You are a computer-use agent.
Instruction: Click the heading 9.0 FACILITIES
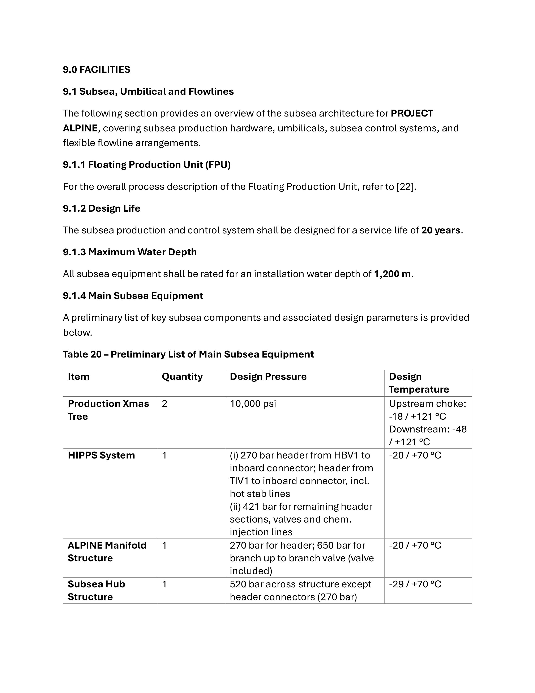[97, 69]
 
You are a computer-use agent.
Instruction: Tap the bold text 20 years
[441, 230]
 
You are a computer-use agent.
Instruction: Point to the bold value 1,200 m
[392, 274]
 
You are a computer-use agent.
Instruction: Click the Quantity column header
[182, 377]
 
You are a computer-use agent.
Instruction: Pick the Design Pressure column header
[268, 377]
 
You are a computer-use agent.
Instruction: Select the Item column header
[79, 377]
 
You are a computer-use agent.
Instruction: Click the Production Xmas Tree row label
[108, 410]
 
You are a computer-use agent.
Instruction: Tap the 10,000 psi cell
[253, 404]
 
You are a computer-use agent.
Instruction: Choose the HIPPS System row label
[101, 455]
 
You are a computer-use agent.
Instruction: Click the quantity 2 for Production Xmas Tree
[164, 404]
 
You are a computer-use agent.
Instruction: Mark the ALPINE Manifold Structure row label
[107, 552]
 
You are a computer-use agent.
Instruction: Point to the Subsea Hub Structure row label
[97, 591]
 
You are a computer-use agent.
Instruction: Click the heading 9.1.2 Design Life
[102, 208]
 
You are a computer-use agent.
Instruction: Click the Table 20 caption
[188, 354]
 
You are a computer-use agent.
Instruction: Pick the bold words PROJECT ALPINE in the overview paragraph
[412, 114]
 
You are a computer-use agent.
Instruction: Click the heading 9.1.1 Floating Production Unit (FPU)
[146, 165]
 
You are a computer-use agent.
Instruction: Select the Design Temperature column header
[419, 383]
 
